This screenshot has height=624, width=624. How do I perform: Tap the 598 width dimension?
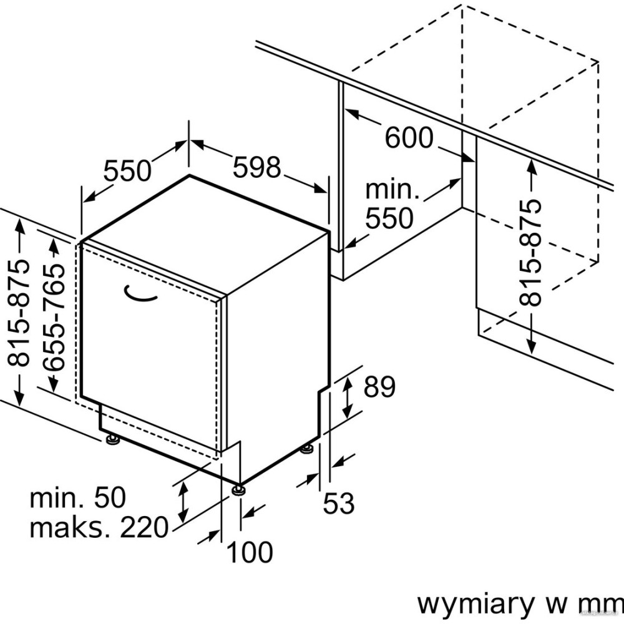257,167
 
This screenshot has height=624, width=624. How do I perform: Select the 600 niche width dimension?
408,138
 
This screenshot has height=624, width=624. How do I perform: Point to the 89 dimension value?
379,388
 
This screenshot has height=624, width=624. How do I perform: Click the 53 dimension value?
339,503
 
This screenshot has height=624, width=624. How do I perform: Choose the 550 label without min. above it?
127,170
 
